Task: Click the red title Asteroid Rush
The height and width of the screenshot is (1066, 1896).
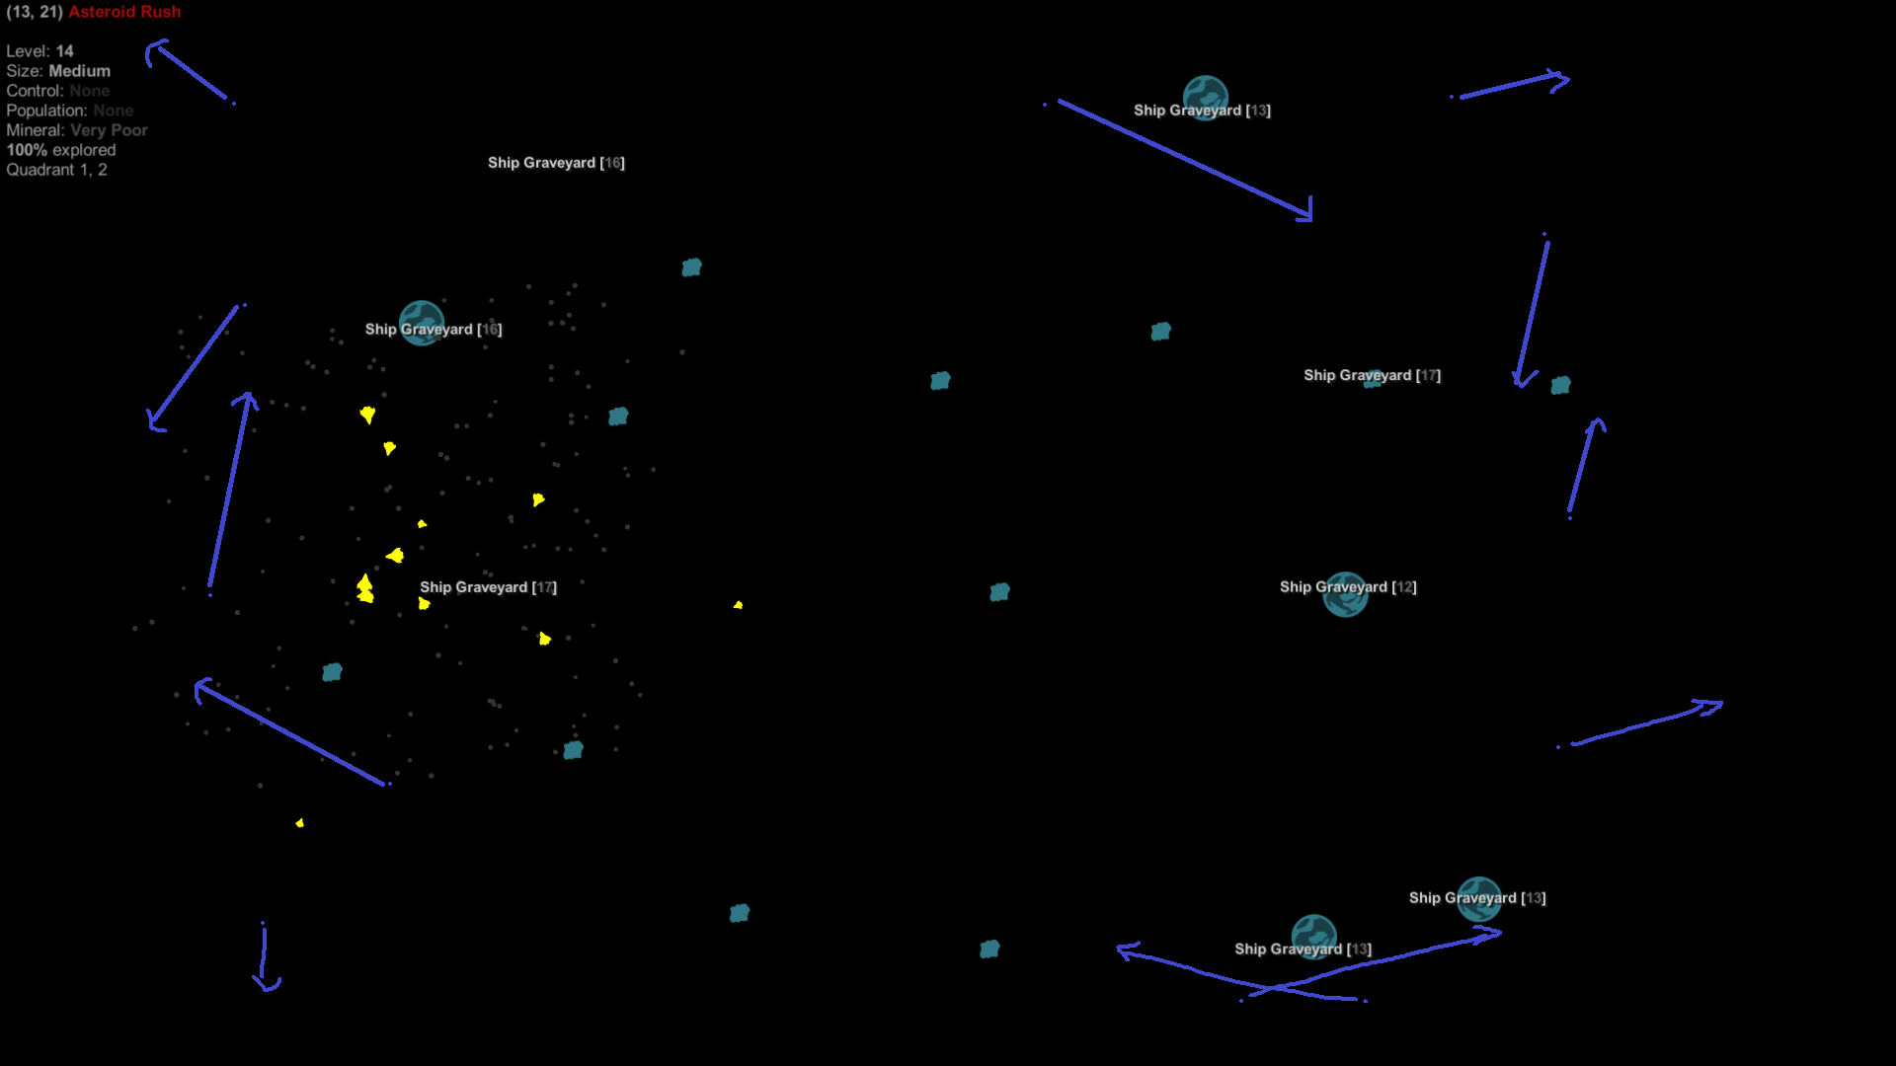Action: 124,12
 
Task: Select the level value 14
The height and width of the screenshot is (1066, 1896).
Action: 64,51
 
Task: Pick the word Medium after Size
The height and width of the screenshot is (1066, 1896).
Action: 80,71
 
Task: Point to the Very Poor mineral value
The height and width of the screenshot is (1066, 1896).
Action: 109,130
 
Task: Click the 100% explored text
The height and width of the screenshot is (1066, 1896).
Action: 61,150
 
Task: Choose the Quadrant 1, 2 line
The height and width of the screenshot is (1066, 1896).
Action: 56,170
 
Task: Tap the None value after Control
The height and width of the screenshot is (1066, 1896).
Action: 90,91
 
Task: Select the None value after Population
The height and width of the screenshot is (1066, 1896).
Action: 114,111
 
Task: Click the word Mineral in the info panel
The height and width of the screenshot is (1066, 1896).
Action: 34,130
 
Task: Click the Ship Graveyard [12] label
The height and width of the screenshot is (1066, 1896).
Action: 1348,587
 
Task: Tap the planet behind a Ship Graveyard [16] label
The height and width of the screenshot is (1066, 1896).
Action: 422,324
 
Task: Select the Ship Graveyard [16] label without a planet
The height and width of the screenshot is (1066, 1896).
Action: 556,163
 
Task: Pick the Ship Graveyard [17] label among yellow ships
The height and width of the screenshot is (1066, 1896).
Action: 488,587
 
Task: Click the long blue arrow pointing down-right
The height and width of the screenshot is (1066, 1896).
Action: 1185,158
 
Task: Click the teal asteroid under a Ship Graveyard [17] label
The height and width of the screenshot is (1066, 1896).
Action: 1373,380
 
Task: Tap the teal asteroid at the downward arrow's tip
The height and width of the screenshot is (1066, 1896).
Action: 1560,385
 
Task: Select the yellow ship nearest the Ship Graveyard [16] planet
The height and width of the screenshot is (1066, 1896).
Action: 367,415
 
